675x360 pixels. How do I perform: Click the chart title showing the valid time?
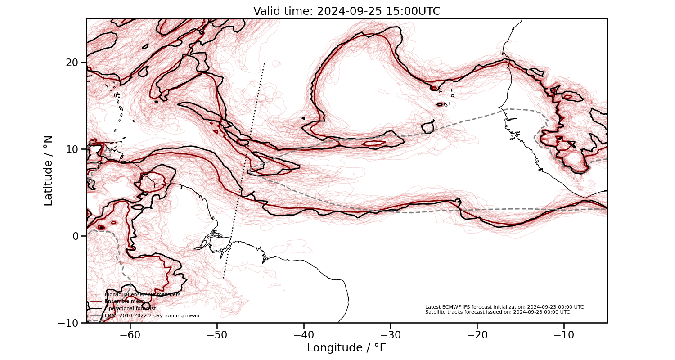pyautogui.click(x=346, y=11)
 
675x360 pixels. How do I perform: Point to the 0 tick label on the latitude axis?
pyautogui.click(x=76, y=236)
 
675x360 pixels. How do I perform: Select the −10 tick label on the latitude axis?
pyautogui.click(x=69, y=323)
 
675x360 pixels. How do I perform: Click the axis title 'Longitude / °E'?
pyautogui.click(x=346, y=348)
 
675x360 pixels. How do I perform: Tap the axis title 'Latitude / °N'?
pyautogui.click(x=48, y=171)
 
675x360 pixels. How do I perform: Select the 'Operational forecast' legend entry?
pyautogui.click(x=130, y=309)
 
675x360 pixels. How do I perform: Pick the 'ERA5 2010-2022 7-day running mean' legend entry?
pyautogui.click(x=152, y=316)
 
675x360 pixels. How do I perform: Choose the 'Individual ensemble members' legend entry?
pyautogui.click(x=142, y=294)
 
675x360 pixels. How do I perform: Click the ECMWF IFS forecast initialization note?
pyautogui.click(x=504, y=307)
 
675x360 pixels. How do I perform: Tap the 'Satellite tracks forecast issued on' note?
pyautogui.click(x=497, y=312)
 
